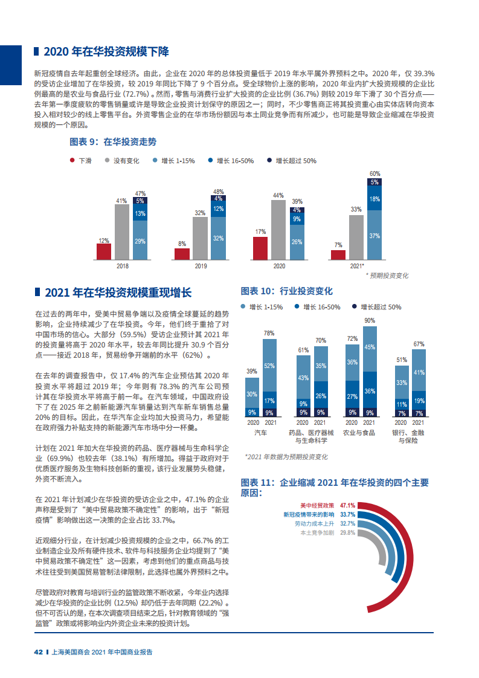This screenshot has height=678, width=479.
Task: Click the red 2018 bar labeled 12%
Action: [x=104, y=251]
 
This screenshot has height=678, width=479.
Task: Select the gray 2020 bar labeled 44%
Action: [x=278, y=230]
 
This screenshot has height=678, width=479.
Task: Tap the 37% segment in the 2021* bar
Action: [x=375, y=235]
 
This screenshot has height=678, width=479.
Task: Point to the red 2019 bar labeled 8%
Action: [x=182, y=254]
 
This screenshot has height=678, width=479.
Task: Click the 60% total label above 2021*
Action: [x=375, y=173]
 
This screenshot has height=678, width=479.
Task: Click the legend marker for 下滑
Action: [x=72, y=161]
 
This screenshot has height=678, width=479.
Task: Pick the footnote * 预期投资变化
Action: [x=387, y=275]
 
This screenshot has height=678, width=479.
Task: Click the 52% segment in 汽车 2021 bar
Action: [x=269, y=366]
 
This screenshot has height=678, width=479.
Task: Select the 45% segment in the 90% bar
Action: [x=370, y=347]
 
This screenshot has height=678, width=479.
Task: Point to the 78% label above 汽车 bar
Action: [x=269, y=333]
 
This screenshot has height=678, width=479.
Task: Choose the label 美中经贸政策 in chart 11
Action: [x=318, y=505]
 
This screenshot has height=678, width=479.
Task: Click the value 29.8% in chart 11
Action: [x=347, y=533]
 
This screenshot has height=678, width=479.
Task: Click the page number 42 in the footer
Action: [x=38, y=652]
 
